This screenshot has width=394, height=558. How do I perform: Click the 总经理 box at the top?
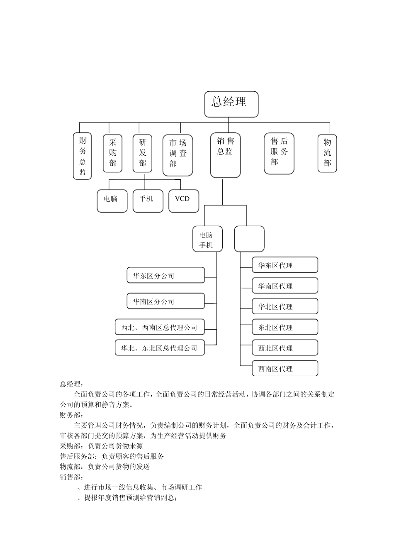231,104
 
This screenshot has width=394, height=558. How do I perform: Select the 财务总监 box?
82,156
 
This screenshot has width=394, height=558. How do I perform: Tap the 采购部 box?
113,153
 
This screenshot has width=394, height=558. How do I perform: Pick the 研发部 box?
142,153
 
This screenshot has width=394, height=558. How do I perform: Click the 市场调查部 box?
178,154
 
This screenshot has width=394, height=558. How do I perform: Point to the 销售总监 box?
225,155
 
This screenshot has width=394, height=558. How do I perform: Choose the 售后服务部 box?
279,153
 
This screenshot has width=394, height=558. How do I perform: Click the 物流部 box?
327,153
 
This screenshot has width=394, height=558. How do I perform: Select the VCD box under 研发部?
184,201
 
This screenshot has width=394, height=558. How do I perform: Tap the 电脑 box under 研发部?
112,201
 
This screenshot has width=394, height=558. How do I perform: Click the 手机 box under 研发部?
147,201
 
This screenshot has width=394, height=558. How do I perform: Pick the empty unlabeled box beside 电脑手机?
249,239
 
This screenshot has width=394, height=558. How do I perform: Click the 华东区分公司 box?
165,275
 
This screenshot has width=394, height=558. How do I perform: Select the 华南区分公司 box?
165,301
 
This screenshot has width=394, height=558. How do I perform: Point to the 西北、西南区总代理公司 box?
160,327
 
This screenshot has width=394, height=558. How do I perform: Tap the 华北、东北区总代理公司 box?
160,348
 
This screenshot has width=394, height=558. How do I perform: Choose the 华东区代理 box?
285,265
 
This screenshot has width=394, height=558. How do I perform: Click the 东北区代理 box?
285,327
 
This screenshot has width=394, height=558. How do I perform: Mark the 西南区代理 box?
285,368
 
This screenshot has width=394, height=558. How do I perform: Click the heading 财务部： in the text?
71,415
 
